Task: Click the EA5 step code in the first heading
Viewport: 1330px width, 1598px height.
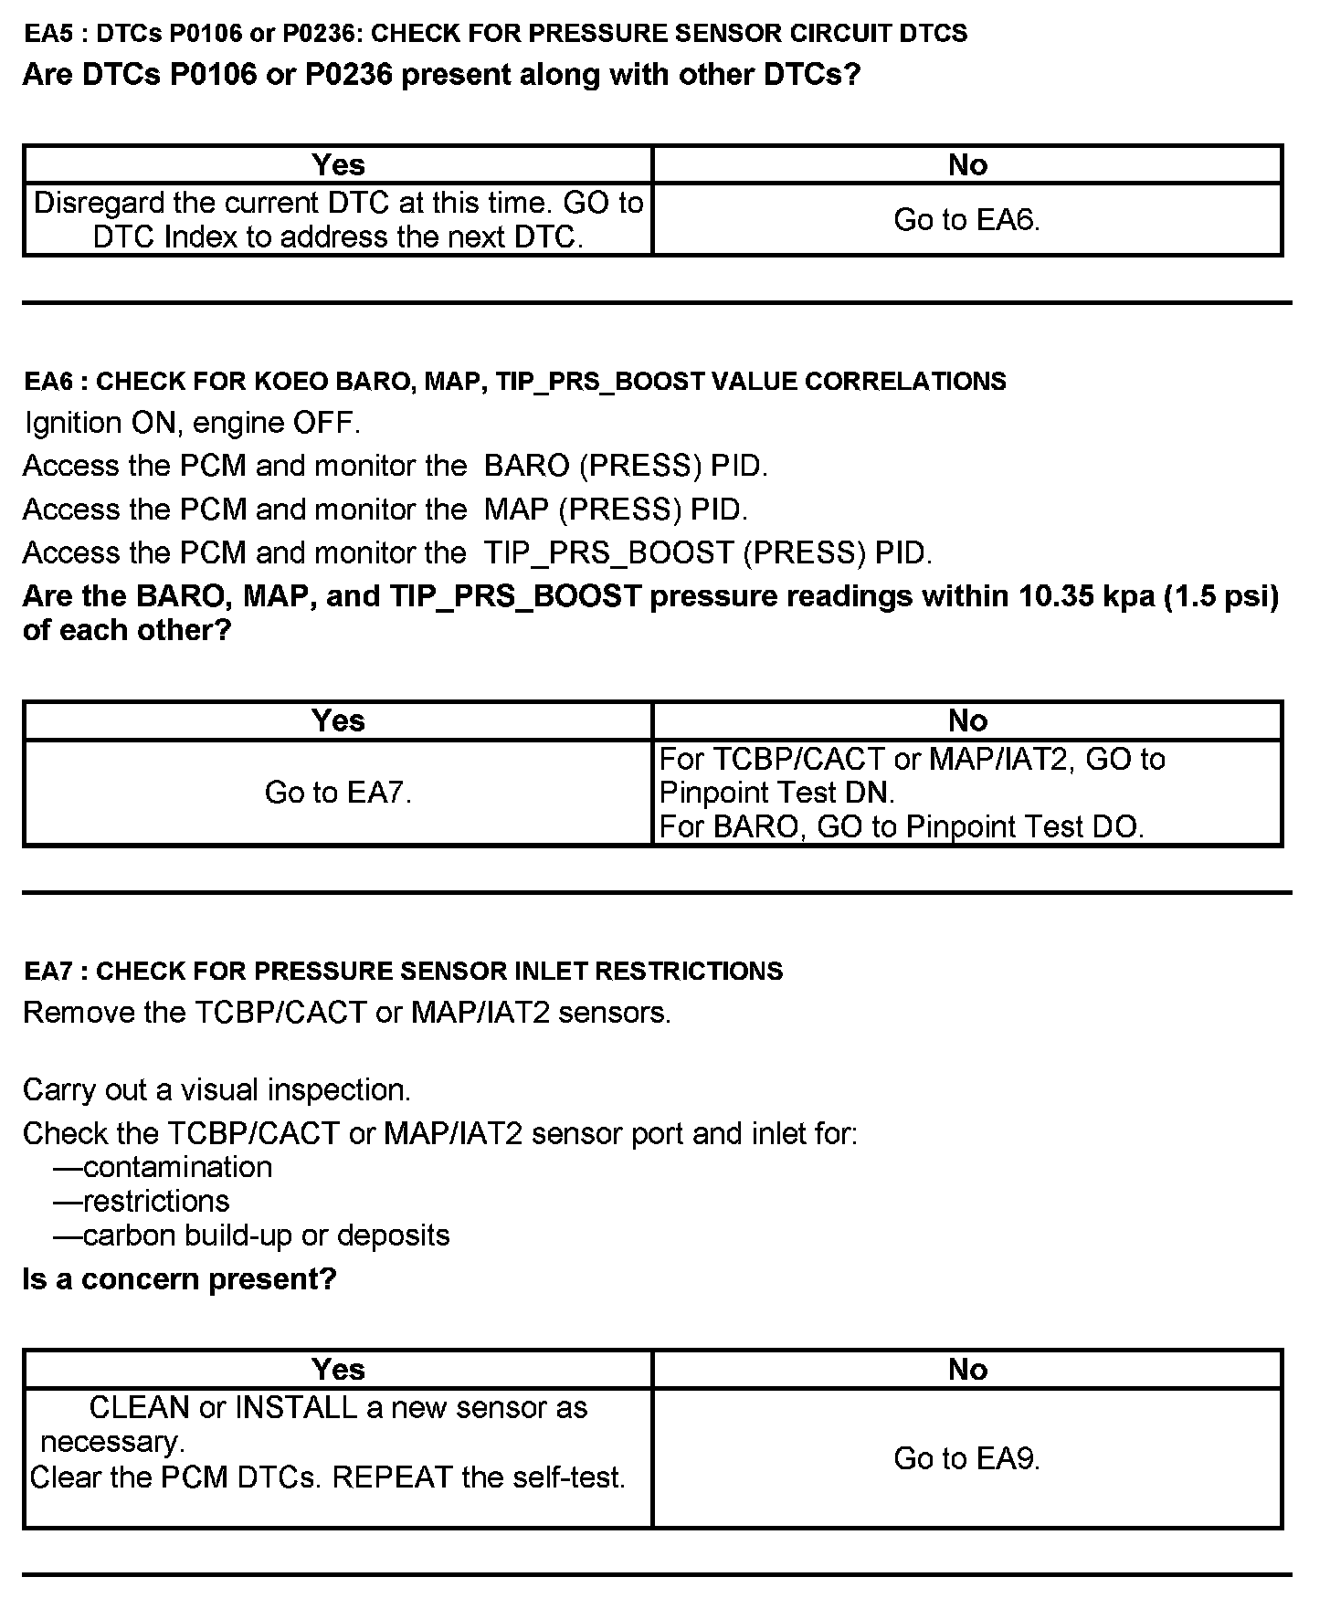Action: tap(43, 34)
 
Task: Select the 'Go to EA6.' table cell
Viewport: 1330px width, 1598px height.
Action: tap(967, 219)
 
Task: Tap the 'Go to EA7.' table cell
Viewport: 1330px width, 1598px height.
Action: tap(338, 792)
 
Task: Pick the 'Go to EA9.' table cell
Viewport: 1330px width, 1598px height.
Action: tap(967, 1458)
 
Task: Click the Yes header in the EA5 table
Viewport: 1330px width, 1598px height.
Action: tap(338, 164)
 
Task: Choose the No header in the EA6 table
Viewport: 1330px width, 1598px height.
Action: tap(967, 720)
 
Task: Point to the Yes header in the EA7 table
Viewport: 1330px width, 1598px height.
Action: tap(338, 1369)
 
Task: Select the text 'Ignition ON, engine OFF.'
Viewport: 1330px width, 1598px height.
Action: tap(193, 423)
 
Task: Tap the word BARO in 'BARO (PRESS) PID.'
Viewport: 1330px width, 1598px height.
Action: tap(527, 466)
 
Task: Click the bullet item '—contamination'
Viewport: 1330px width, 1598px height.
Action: tap(163, 1167)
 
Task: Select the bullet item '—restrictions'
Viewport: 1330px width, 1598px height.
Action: tap(142, 1201)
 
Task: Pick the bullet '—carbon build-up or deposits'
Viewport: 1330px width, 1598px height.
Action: tap(251, 1235)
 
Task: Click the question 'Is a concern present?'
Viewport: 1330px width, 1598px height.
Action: tap(179, 1279)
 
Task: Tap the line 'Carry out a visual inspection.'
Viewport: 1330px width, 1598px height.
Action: tap(216, 1089)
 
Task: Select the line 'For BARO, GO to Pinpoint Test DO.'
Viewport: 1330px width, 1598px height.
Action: tap(901, 826)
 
